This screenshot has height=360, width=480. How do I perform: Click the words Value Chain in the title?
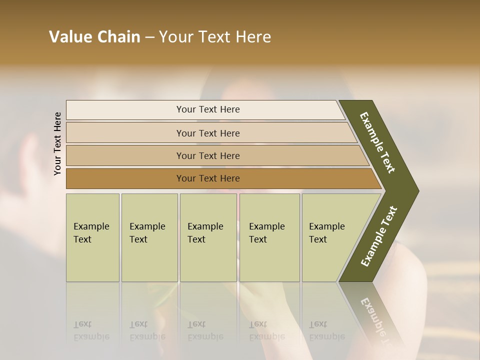point(94,37)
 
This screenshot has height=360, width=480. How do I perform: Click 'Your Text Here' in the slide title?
point(215,37)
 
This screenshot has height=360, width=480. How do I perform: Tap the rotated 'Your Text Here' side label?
point(57,143)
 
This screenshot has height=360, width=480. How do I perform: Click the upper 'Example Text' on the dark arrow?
point(378,142)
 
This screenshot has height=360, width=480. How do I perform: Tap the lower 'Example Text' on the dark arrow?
point(379,236)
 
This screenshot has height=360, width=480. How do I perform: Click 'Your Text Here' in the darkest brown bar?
point(208,178)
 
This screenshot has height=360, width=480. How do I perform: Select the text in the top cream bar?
point(208,109)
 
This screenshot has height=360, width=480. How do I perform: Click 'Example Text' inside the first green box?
point(91,233)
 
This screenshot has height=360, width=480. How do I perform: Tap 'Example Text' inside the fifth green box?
point(326,233)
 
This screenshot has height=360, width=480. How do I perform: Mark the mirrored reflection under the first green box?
point(92,315)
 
